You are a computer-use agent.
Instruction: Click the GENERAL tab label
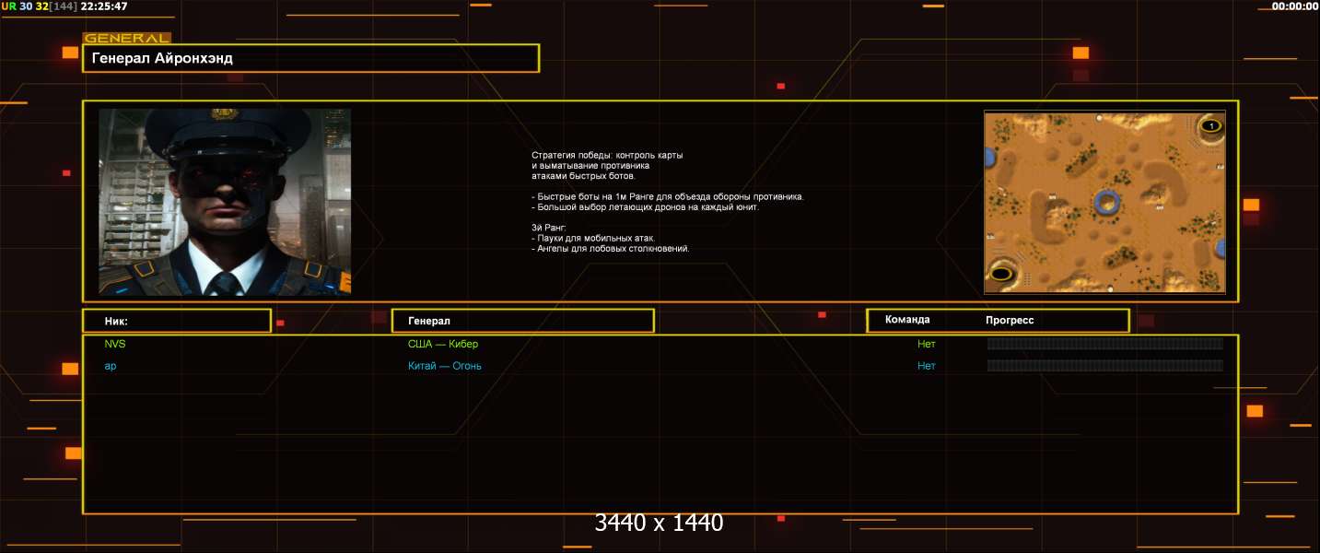click(x=127, y=39)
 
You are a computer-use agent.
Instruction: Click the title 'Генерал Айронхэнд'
click(x=162, y=58)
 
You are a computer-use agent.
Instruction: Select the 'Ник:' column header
click(x=116, y=322)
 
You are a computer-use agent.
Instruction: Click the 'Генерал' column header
click(x=429, y=321)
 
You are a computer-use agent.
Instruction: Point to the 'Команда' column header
click(x=907, y=320)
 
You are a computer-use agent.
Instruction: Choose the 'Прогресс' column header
click(x=1010, y=320)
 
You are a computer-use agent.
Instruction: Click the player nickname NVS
click(x=115, y=344)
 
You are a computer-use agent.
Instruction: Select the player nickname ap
click(x=111, y=366)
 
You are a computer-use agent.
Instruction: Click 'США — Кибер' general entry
click(x=443, y=344)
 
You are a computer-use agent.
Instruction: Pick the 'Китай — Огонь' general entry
click(x=444, y=366)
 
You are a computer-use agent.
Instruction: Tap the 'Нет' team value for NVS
click(x=927, y=344)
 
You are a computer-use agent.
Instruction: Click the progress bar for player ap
click(x=1104, y=366)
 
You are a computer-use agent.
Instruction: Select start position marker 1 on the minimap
click(x=1211, y=125)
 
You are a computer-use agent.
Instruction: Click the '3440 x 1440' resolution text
click(x=659, y=523)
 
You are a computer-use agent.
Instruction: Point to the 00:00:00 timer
click(x=1294, y=6)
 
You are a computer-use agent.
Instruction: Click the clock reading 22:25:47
click(x=104, y=6)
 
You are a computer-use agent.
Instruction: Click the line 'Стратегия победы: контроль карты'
click(x=607, y=155)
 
